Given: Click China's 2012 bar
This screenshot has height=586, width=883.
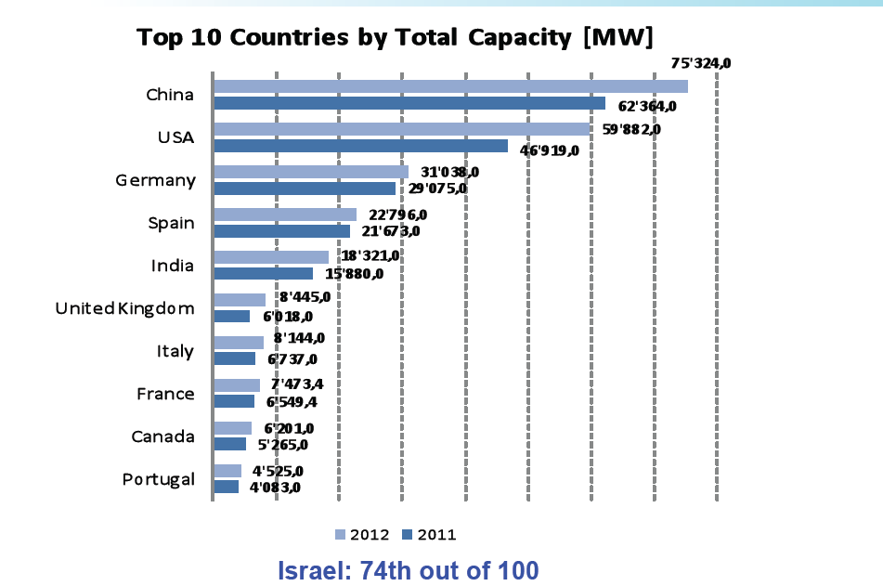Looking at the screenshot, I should [x=450, y=86].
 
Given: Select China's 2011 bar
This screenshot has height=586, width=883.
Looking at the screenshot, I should [x=409, y=103].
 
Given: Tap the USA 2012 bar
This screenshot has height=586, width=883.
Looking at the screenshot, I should [x=402, y=129].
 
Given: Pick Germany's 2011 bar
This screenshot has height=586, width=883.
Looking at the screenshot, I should [x=305, y=189].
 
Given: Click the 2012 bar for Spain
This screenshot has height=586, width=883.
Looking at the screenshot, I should [x=285, y=215].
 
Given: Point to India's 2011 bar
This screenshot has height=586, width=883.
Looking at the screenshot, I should [x=263, y=274].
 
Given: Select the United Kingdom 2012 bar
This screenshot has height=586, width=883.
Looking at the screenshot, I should [x=240, y=300].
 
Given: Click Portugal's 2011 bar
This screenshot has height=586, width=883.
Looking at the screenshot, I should [x=227, y=487].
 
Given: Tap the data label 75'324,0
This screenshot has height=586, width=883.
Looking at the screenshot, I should [x=701, y=63].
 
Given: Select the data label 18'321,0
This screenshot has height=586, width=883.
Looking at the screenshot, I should [x=370, y=256].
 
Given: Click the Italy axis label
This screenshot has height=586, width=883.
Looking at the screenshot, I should [x=175, y=351].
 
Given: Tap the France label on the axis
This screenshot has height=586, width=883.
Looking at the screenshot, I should [x=165, y=394].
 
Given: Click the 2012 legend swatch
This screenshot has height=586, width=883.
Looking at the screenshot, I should [x=340, y=534].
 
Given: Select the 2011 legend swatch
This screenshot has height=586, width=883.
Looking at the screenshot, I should [x=407, y=534].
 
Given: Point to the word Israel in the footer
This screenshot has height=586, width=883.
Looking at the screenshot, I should [x=311, y=569].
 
